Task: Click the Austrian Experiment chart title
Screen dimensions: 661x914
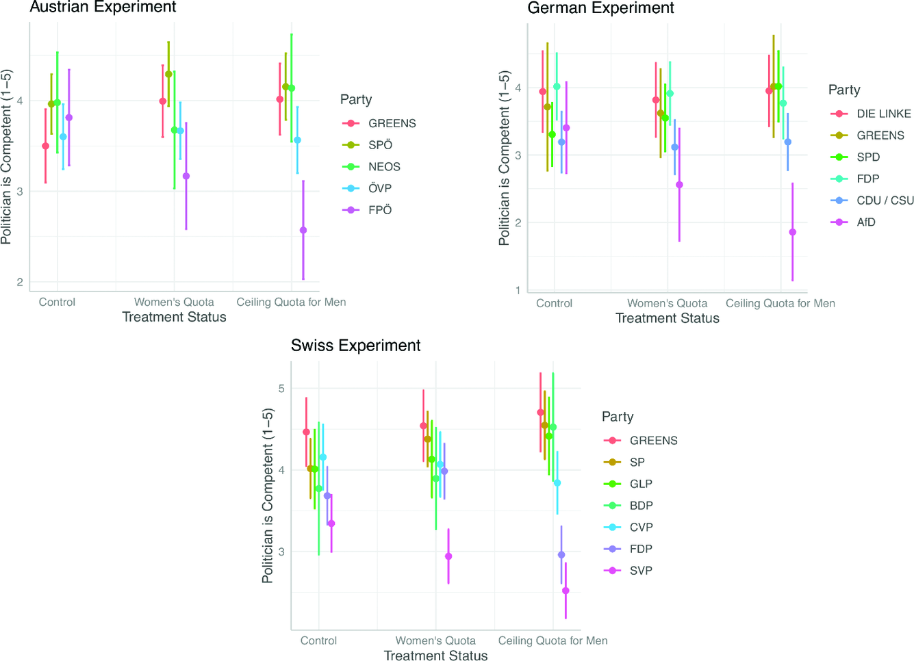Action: (x=103, y=8)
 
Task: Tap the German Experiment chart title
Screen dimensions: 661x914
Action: (x=600, y=8)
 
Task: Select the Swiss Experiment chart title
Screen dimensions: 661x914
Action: (x=355, y=346)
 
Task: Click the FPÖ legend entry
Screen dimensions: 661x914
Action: (x=379, y=210)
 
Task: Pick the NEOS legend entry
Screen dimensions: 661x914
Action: (x=383, y=167)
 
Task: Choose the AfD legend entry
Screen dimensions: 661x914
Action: (x=865, y=222)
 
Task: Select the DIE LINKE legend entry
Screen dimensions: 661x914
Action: (x=883, y=114)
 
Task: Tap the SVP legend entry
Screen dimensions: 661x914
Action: (x=640, y=571)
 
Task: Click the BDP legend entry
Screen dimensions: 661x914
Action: (x=641, y=506)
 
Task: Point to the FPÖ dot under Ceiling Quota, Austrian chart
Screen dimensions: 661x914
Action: (x=303, y=231)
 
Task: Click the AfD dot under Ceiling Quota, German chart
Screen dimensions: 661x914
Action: (x=793, y=232)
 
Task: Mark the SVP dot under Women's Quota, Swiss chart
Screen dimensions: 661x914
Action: (x=448, y=556)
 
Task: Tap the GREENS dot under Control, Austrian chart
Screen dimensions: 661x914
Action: (x=46, y=146)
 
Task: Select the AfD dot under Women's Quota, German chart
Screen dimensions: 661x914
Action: (x=679, y=185)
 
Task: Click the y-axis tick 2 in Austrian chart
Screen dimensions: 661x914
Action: (x=20, y=282)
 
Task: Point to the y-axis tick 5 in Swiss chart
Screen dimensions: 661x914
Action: (x=281, y=389)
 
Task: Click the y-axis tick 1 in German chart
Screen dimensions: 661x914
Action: (x=518, y=290)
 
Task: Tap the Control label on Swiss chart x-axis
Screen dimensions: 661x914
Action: (x=318, y=641)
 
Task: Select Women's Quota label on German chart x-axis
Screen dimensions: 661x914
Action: (x=667, y=304)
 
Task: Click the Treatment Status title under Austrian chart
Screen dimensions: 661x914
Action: (x=174, y=317)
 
